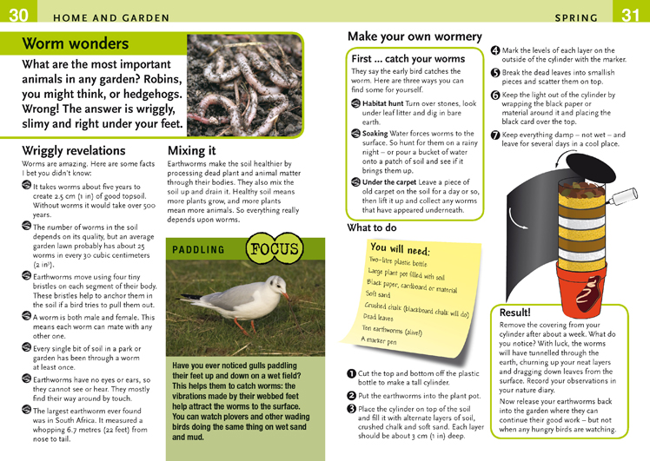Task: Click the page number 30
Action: click(18, 15)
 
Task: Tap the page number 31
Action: click(631, 15)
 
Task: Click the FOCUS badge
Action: click(274, 248)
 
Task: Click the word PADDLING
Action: click(198, 250)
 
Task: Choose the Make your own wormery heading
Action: click(415, 36)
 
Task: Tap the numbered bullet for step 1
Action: click(352, 373)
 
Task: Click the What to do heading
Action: click(372, 227)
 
